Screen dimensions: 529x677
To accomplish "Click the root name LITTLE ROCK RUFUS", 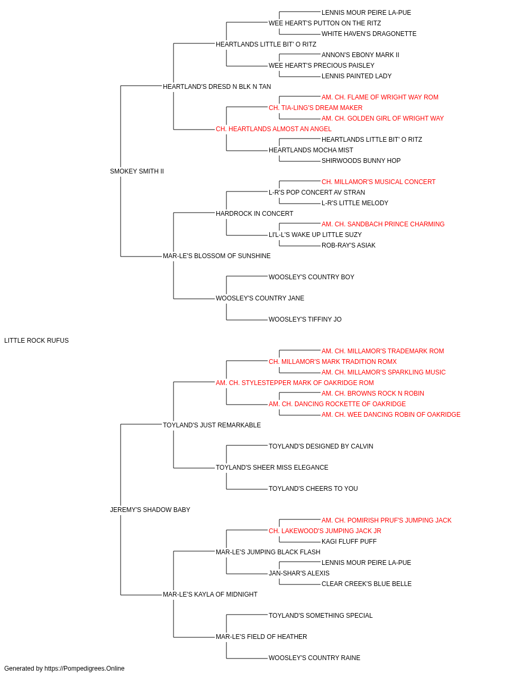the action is [x=37, y=341].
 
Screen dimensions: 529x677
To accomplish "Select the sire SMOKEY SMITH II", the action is [x=137, y=171].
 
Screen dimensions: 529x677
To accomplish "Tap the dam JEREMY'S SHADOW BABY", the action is [x=150, y=510].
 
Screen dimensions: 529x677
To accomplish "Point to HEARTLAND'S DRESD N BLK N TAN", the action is [x=217, y=87].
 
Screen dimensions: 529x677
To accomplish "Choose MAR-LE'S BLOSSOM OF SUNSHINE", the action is [x=216, y=256].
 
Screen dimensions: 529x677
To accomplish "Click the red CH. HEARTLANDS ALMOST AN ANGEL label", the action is [x=273, y=129].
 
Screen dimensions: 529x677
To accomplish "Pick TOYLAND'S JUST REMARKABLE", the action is [x=212, y=425].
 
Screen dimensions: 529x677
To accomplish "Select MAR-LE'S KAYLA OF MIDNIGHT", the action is [x=210, y=594].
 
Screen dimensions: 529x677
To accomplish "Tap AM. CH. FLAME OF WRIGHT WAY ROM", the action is [x=380, y=97].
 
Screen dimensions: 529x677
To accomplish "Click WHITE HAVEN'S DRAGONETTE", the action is [x=369, y=34].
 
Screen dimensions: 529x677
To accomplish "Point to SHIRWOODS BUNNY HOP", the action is [x=361, y=161].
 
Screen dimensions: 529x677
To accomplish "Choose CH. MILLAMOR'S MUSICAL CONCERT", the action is [x=379, y=182].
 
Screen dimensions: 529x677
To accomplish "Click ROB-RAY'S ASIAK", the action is [x=348, y=245].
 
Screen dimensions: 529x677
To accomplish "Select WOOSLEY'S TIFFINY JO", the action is [x=305, y=319].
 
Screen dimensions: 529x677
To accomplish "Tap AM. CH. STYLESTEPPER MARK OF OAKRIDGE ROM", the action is [x=295, y=383].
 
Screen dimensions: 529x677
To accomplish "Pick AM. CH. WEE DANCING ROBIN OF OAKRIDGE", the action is [x=391, y=415].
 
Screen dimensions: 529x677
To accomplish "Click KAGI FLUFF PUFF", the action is [x=349, y=542].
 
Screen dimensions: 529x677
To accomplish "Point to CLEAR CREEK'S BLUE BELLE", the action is [x=367, y=584].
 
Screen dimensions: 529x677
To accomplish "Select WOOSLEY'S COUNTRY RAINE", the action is [x=314, y=658].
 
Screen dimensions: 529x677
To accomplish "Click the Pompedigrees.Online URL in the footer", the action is [x=85, y=669].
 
